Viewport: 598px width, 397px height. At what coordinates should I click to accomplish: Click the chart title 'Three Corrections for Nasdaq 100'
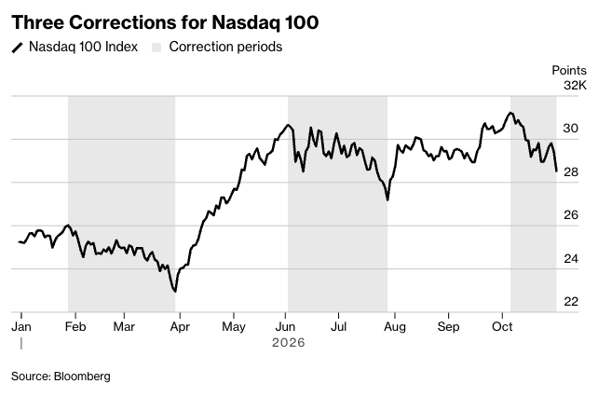coord(165,22)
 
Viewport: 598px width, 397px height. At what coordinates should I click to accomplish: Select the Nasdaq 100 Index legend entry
coord(75,47)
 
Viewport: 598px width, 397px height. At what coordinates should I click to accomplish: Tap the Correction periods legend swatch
coord(156,48)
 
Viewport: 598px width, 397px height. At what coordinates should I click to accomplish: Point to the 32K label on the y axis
coord(575,85)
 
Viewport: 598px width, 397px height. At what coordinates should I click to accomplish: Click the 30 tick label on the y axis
coord(571,129)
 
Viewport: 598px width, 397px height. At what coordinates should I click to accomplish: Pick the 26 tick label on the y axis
coord(571,215)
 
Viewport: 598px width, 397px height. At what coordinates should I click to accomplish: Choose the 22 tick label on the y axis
coord(571,302)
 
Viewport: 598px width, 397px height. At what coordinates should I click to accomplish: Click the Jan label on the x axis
coord(21,327)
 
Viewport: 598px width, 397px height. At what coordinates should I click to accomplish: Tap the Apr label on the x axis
coord(180,327)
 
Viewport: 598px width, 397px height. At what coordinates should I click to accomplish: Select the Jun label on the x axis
coord(285,327)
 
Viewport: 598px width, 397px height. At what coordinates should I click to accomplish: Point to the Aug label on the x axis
coord(395,327)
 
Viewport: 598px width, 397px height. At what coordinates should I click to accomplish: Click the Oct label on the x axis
coord(502,327)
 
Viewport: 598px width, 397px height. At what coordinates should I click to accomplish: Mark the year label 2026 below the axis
coord(289,342)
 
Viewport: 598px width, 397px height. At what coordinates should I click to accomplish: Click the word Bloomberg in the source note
coord(82,376)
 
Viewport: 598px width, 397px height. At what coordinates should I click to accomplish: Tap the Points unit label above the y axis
coord(569,70)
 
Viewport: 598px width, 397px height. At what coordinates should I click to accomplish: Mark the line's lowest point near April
coord(175,292)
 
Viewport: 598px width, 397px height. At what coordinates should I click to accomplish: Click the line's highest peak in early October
coord(510,113)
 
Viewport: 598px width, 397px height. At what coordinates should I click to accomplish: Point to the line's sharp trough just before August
coord(387,199)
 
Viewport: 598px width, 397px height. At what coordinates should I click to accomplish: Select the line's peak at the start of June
coord(288,125)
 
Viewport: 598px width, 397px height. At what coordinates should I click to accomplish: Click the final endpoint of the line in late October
coord(556,171)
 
